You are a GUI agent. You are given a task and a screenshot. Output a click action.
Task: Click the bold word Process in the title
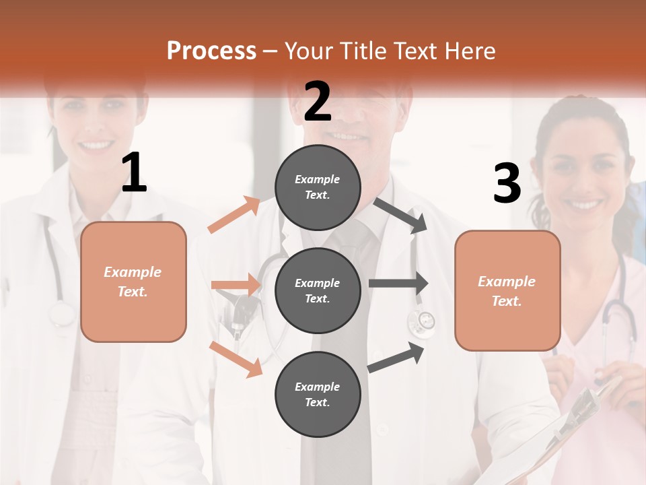pyautogui.click(x=211, y=51)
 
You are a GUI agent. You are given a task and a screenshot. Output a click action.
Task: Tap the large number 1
pyautogui.click(x=134, y=173)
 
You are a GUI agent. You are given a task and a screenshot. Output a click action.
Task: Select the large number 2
pyautogui.click(x=318, y=101)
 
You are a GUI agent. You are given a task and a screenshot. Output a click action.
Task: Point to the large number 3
pyautogui.click(x=507, y=184)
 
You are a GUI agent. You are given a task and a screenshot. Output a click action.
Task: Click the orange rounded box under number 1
pyautogui.click(x=133, y=282)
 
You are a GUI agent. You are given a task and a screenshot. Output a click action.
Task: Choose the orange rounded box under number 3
pyautogui.click(x=507, y=290)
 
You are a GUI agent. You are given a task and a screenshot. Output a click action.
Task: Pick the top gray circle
pyautogui.click(x=318, y=187)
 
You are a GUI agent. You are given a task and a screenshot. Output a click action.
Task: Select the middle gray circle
pyautogui.click(x=318, y=290)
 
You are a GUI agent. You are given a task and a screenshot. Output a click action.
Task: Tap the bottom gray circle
pyautogui.click(x=318, y=394)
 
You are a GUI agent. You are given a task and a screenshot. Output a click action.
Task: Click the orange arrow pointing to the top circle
pyautogui.click(x=234, y=215)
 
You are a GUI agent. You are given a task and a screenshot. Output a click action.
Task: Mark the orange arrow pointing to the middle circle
pyautogui.click(x=236, y=285)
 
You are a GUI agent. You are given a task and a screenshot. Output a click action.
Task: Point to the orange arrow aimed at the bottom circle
pyautogui.click(x=236, y=358)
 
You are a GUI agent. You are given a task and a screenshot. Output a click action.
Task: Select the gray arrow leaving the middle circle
pyautogui.click(x=398, y=284)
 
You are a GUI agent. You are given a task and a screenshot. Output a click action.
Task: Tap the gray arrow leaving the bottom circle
pyautogui.click(x=396, y=358)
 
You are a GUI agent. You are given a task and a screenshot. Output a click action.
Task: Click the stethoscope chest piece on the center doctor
pyautogui.click(x=422, y=321)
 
